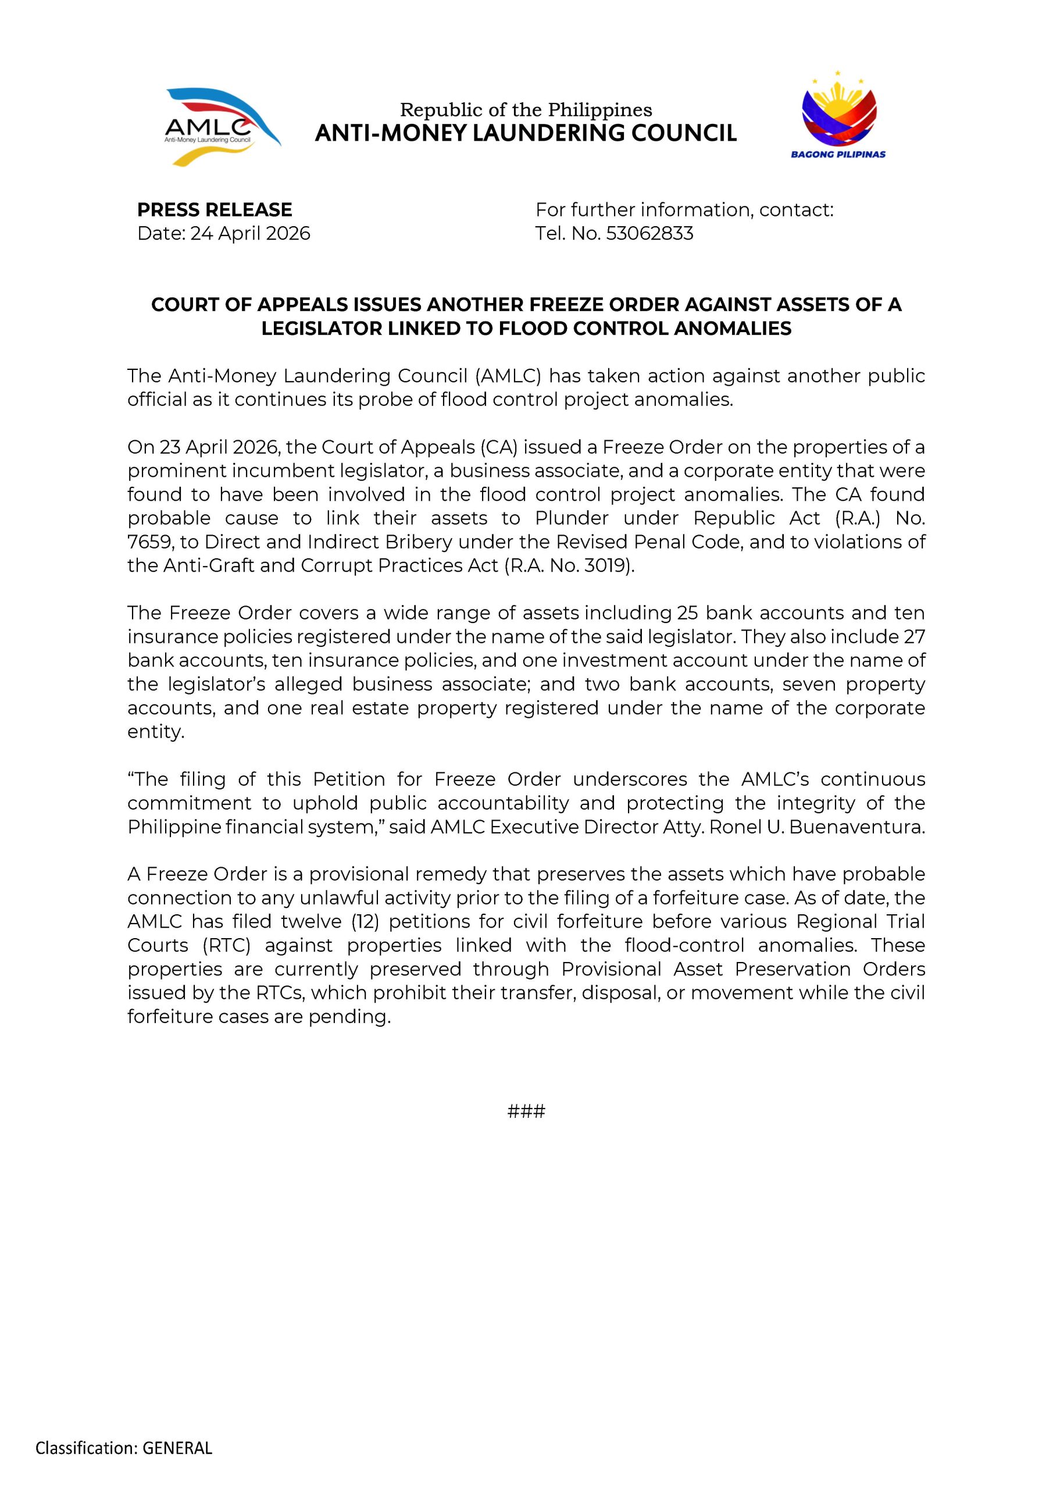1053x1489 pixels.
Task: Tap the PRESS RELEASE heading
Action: pos(215,209)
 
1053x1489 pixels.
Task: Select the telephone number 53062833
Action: pos(649,233)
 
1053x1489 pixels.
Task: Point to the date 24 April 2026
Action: pos(250,233)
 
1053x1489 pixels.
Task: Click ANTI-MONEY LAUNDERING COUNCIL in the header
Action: pos(526,133)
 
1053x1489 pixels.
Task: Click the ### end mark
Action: pos(526,1112)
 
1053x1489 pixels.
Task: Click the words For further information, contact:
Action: pos(684,209)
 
